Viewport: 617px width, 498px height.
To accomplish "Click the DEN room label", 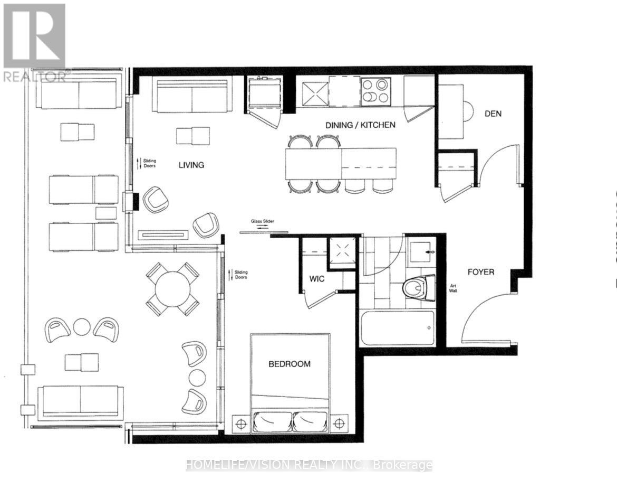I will point(493,114).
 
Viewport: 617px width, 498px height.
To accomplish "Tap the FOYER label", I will point(481,272).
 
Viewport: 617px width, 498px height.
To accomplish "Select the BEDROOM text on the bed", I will point(290,364).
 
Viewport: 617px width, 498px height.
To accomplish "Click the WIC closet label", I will point(316,278).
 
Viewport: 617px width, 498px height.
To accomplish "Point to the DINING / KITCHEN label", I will point(360,125).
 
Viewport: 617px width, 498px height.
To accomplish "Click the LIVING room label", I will point(191,165).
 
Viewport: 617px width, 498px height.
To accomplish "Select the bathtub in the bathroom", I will point(398,328).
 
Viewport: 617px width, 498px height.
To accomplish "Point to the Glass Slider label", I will point(263,222).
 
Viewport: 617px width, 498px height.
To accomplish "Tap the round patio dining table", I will point(172,289).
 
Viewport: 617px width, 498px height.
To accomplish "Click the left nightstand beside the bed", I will point(242,423).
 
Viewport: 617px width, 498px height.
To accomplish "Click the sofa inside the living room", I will point(192,96).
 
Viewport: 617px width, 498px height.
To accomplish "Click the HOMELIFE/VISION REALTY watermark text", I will point(308,465).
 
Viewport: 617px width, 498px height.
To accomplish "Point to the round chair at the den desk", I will point(468,110).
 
